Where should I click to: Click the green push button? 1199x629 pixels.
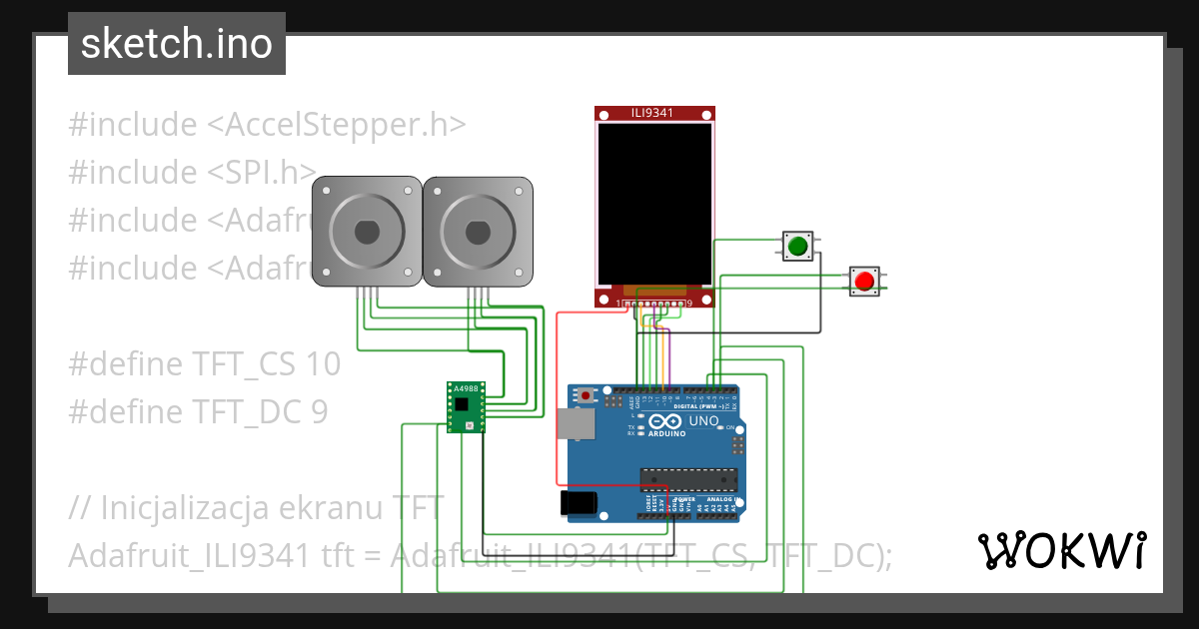coord(797,246)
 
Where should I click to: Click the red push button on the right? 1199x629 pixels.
coord(864,281)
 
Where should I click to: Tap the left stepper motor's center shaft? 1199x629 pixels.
coord(367,232)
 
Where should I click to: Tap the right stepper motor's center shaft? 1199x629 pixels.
coord(478,232)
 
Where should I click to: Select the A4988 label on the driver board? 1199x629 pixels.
coord(466,388)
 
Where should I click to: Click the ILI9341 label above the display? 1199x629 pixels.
coord(654,114)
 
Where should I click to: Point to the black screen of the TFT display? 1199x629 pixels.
coord(654,203)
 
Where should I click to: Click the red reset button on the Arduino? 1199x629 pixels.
coord(586,395)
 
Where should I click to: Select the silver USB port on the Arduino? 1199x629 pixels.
coord(577,423)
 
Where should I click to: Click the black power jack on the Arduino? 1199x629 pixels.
coord(580,502)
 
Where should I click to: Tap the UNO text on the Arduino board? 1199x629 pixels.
coord(704,422)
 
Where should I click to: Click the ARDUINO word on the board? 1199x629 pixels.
coord(667,434)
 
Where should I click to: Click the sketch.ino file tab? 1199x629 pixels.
coord(177,44)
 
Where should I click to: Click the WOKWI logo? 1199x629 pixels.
coord(1060,550)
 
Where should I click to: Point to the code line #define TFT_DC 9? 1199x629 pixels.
coord(198,411)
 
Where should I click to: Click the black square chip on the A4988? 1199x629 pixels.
coord(462,404)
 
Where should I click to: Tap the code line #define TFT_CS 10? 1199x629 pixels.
coord(205,364)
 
